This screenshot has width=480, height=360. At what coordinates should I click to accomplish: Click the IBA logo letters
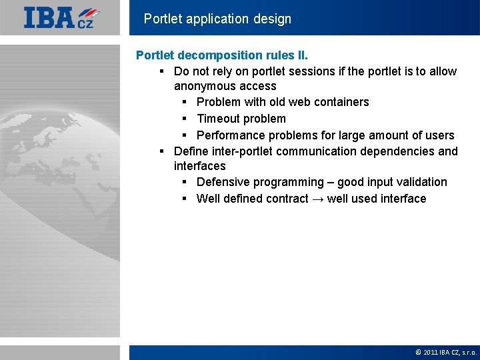pos(50,17)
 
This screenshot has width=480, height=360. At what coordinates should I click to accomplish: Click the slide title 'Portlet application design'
pos(217,19)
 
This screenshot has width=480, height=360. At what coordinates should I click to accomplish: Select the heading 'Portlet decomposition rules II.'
pos(222,55)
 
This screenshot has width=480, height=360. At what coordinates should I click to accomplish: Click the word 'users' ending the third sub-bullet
pos(439,135)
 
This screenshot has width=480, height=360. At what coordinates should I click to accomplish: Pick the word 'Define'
pos(191,151)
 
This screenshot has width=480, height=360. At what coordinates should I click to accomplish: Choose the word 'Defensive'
pos(223,182)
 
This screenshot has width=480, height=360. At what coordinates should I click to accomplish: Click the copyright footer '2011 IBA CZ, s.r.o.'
pos(445,352)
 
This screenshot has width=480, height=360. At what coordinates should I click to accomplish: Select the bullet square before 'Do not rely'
pos(162,72)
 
